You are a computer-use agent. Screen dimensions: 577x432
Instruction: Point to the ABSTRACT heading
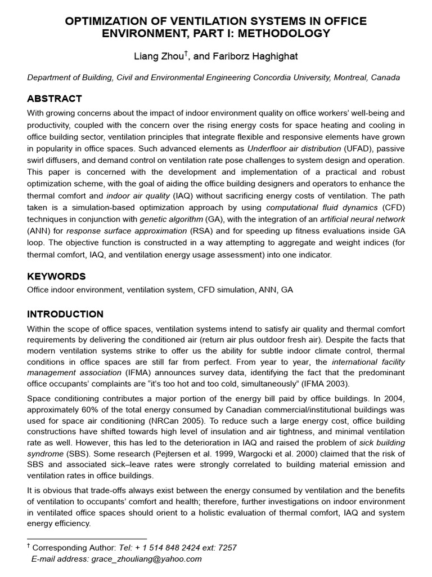tap(55, 99)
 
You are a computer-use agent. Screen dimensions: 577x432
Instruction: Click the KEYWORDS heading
tap(56, 276)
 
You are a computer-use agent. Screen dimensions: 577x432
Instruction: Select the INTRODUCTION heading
tap(65, 314)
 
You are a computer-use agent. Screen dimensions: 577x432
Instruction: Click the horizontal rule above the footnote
tap(87, 538)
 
